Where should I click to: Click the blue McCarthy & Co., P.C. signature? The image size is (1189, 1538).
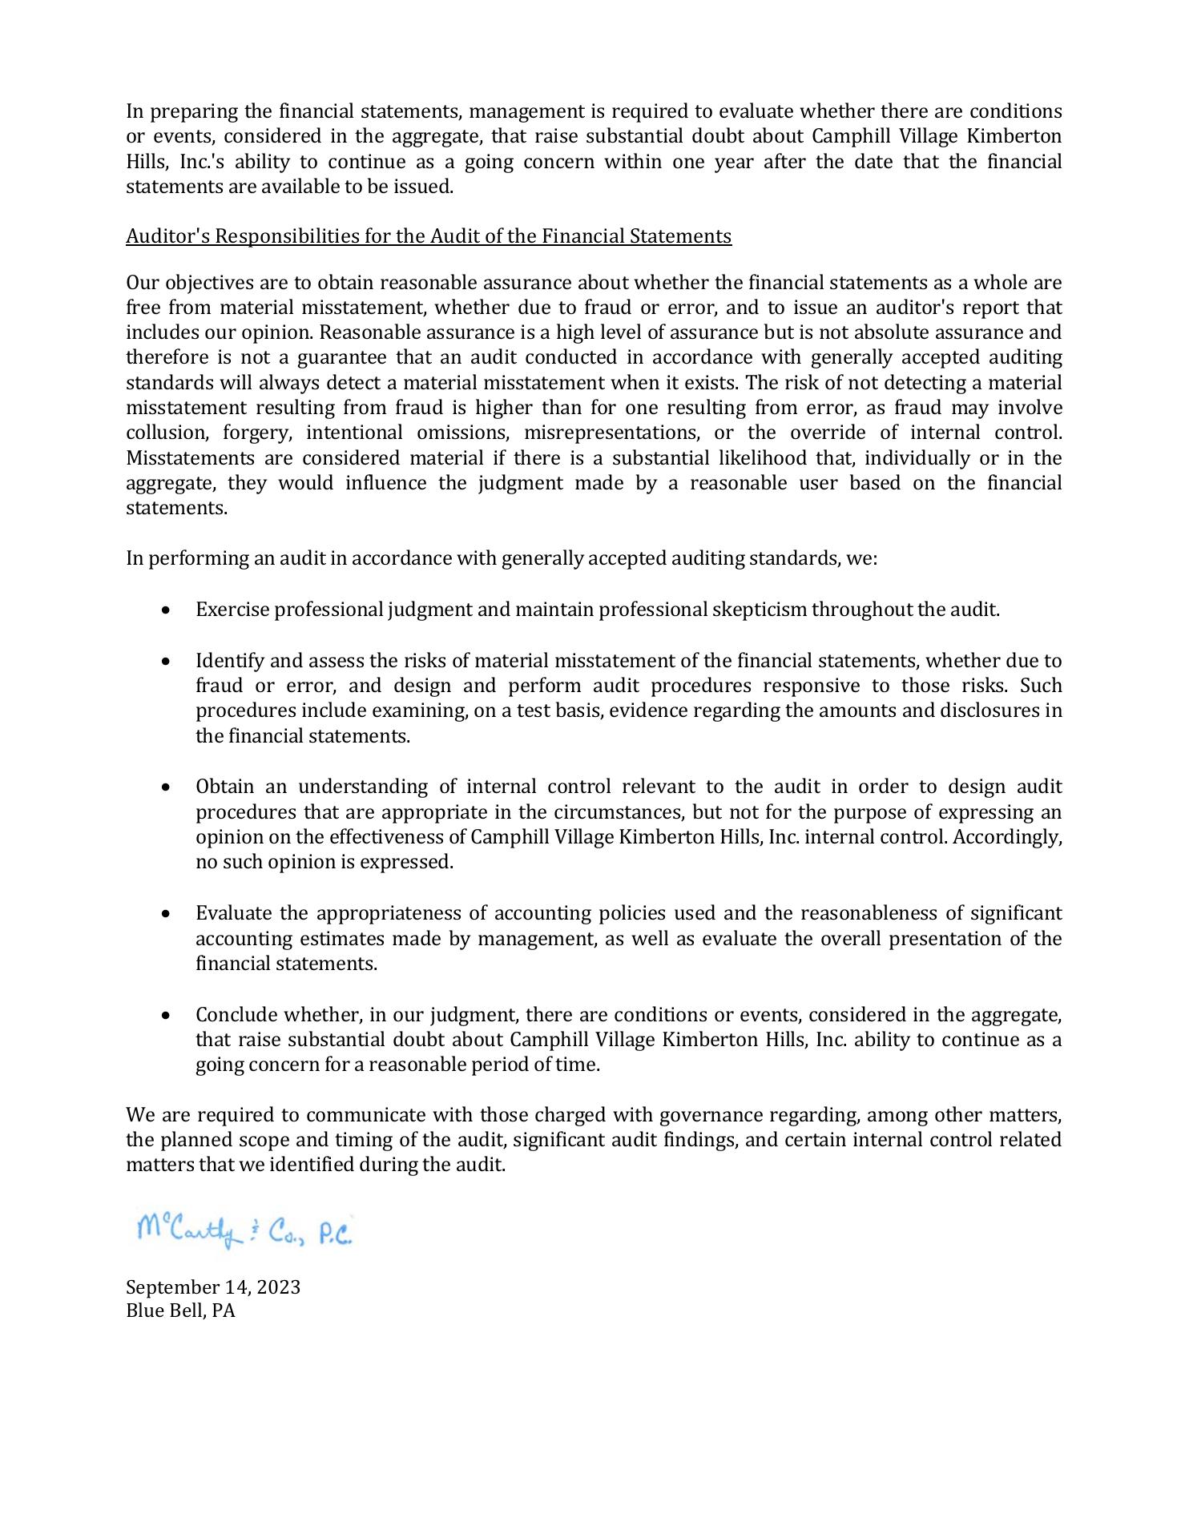click(x=244, y=1231)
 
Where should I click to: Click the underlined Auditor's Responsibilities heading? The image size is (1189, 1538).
click(x=429, y=236)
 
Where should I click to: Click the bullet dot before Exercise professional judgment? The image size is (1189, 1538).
click(x=166, y=610)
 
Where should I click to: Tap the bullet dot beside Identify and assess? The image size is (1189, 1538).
click(x=166, y=662)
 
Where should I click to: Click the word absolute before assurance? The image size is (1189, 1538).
click(x=891, y=332)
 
